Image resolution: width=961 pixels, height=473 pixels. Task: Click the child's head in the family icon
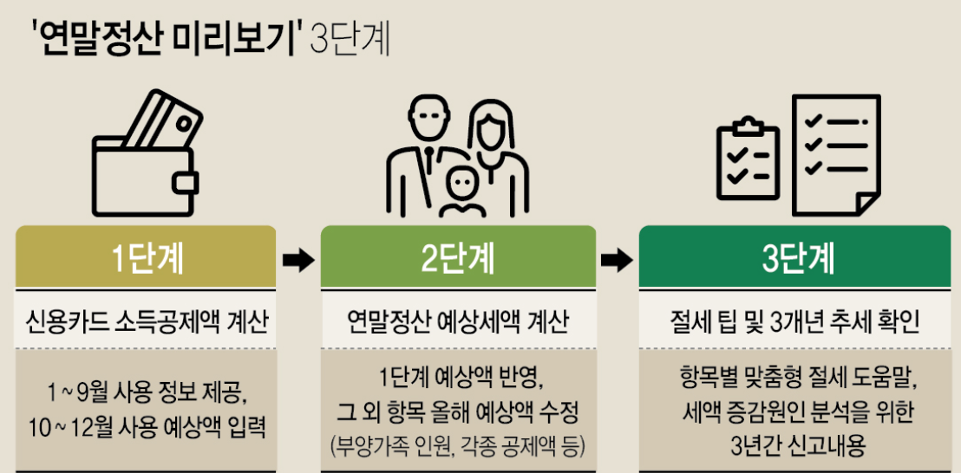(460, 184)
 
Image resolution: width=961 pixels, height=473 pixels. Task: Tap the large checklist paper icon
(837, 152)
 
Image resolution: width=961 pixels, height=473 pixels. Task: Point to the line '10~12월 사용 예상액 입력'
(145, 425)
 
